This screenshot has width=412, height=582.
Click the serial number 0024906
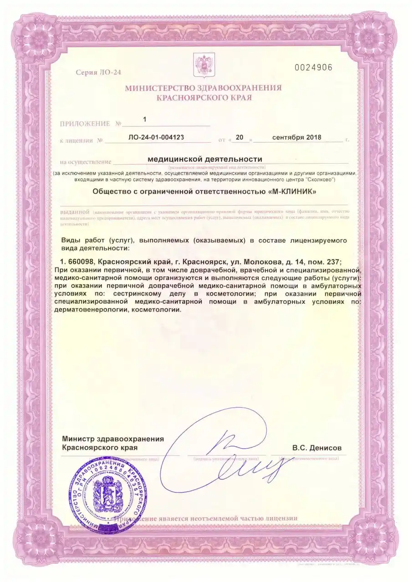[314, 67]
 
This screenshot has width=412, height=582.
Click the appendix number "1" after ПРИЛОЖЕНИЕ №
[145, 120]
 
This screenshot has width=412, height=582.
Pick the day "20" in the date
[240, 137]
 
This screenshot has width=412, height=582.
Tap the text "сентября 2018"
[296, 137]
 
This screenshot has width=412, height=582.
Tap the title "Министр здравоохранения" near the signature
[113, 439]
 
